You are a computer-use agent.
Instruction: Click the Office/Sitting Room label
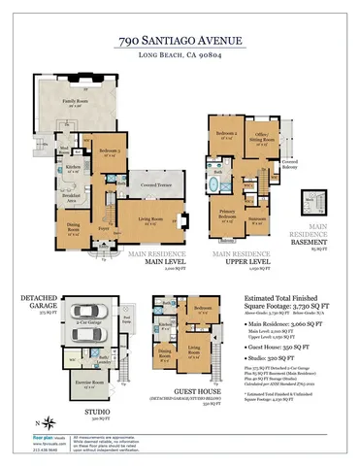click(263, 139)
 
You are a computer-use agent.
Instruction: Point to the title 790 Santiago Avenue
click(180, 42)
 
